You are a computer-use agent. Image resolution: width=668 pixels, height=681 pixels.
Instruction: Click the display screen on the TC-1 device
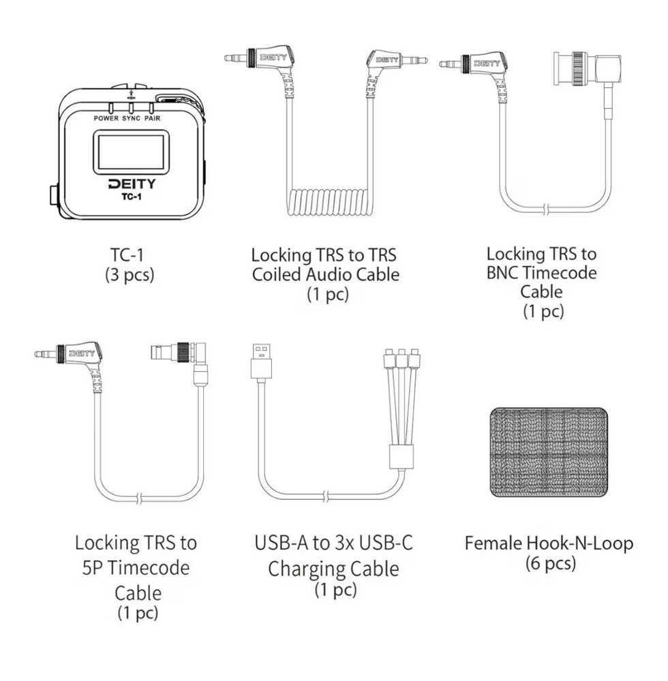[x=130, y=153]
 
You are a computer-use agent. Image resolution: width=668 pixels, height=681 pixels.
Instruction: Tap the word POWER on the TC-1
[x=106, y=118]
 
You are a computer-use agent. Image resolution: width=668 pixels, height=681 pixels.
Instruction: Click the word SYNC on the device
[x=132, y=118]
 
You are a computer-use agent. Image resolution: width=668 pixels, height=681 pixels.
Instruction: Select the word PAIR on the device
[x=153, y=118]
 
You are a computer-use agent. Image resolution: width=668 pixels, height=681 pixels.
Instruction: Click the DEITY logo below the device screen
[x=132, y=184]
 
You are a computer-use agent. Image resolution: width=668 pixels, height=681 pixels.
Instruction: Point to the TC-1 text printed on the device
[x=132, y=197]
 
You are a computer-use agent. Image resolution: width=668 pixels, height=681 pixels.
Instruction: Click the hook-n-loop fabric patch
[x=549, y=452]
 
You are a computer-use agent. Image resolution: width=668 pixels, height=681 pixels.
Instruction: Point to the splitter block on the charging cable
[x=401, y=456]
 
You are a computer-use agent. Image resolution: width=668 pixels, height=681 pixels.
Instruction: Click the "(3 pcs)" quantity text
[x=130, y=275]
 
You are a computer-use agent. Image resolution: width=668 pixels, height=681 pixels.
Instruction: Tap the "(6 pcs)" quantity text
[x=550, y=563]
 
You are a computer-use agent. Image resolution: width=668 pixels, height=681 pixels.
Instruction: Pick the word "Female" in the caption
[x=494, y=543]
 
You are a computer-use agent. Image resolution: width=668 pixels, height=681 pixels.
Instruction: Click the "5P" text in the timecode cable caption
[x=92, y=568]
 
